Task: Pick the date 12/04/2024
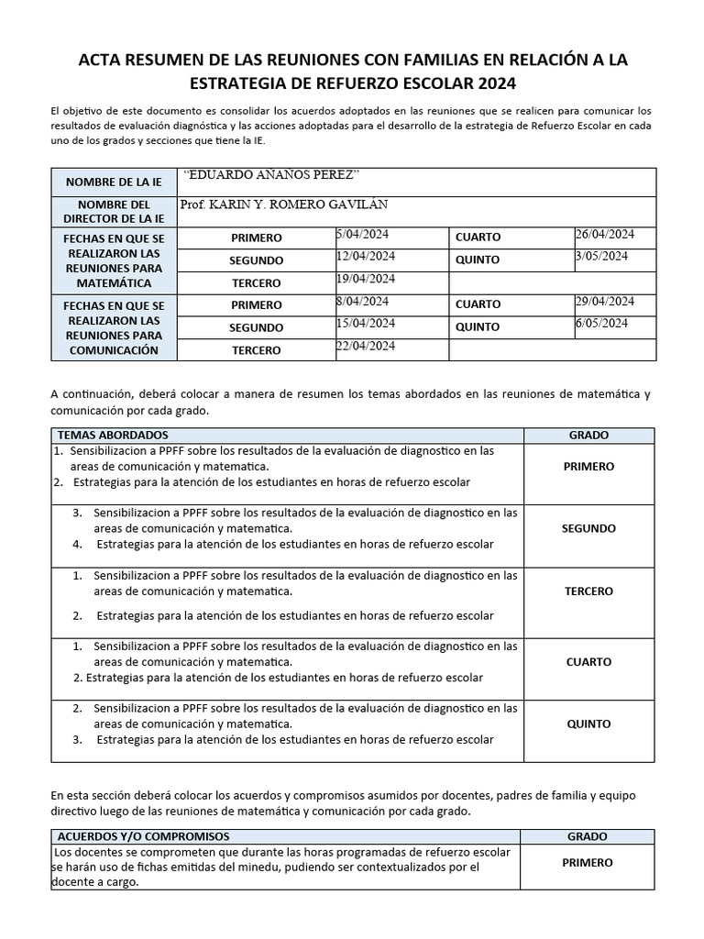point(366,256)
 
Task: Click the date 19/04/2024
point(366,279)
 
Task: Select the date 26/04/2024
point(604,234)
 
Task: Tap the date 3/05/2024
point(601,256)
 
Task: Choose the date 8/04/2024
point(363,301)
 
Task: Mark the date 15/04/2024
point(366,323)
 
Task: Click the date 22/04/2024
point(366,346)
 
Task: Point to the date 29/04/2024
point(604,301)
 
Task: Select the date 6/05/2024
point(601,323)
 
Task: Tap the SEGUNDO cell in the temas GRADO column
point(588,529)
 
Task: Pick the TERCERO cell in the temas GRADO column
point(588,591)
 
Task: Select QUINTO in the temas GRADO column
point(588,724)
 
